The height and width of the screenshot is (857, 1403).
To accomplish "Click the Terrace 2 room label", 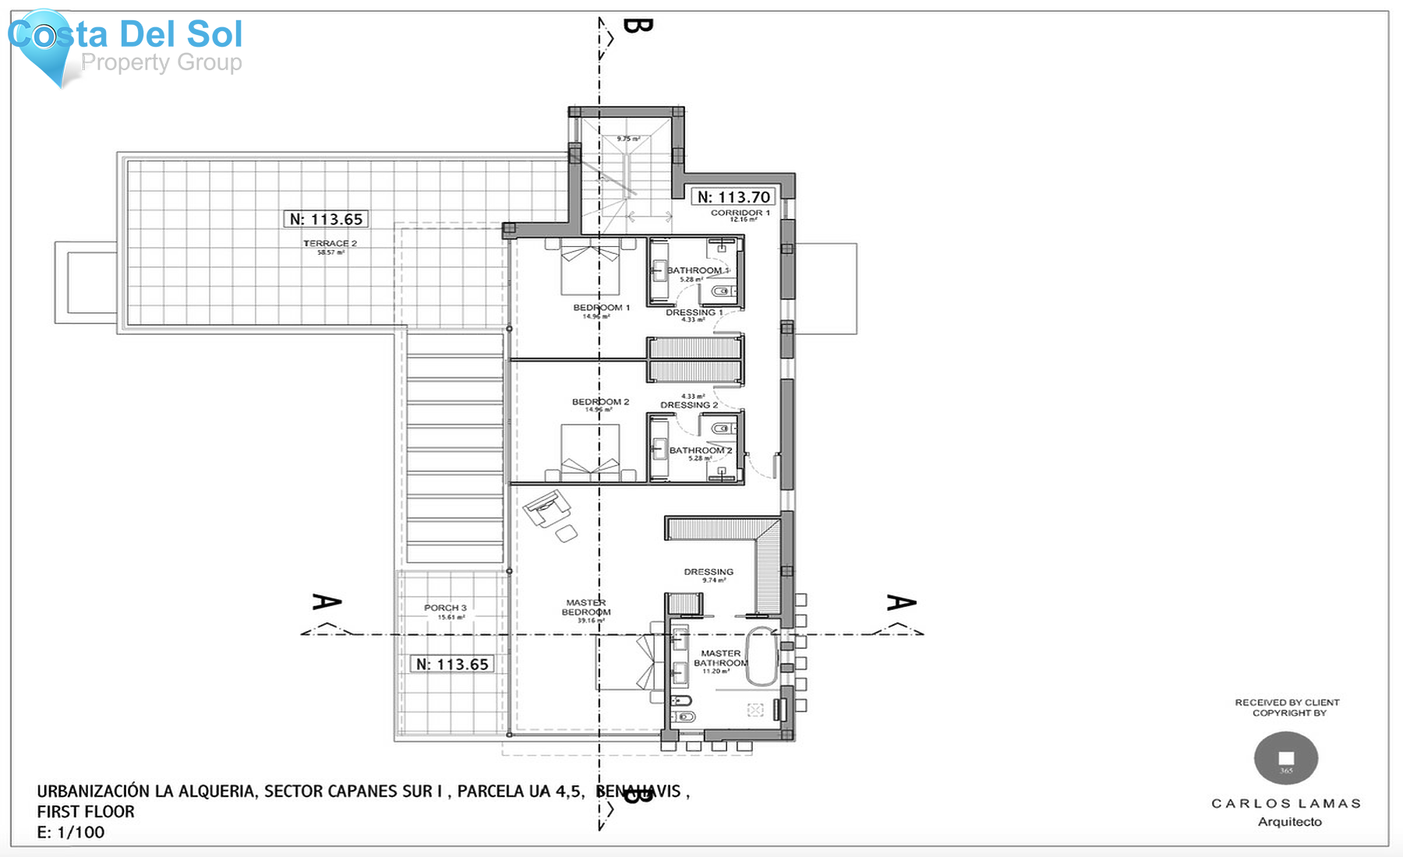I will coord(330,244).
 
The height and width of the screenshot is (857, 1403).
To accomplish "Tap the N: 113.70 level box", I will coord(733,197).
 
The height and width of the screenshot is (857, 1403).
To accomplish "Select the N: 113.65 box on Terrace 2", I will coord(326,219).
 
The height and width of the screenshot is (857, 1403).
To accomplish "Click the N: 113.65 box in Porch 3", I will coord(452,664).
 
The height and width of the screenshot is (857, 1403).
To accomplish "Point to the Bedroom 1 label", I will coord(601,308).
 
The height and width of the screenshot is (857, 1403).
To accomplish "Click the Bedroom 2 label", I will coord(600,402).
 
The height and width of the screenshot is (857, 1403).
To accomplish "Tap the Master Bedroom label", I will coord(586,608).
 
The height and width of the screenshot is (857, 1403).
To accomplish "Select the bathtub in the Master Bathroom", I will coord(762,656).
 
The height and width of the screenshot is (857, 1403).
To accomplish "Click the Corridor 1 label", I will coord(740,213).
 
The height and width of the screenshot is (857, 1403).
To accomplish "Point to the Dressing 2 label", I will coord(689,405).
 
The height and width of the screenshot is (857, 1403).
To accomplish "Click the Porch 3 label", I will coord(445,608).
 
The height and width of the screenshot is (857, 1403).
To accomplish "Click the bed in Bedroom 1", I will coord(590,267).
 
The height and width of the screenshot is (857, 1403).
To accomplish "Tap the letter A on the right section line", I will coord(901,602).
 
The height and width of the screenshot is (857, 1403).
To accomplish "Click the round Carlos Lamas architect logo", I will coord(1285,758).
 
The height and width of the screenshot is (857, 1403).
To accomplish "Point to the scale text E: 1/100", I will coord(71,832).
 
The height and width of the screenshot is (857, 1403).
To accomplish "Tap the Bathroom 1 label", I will coord(697,270).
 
